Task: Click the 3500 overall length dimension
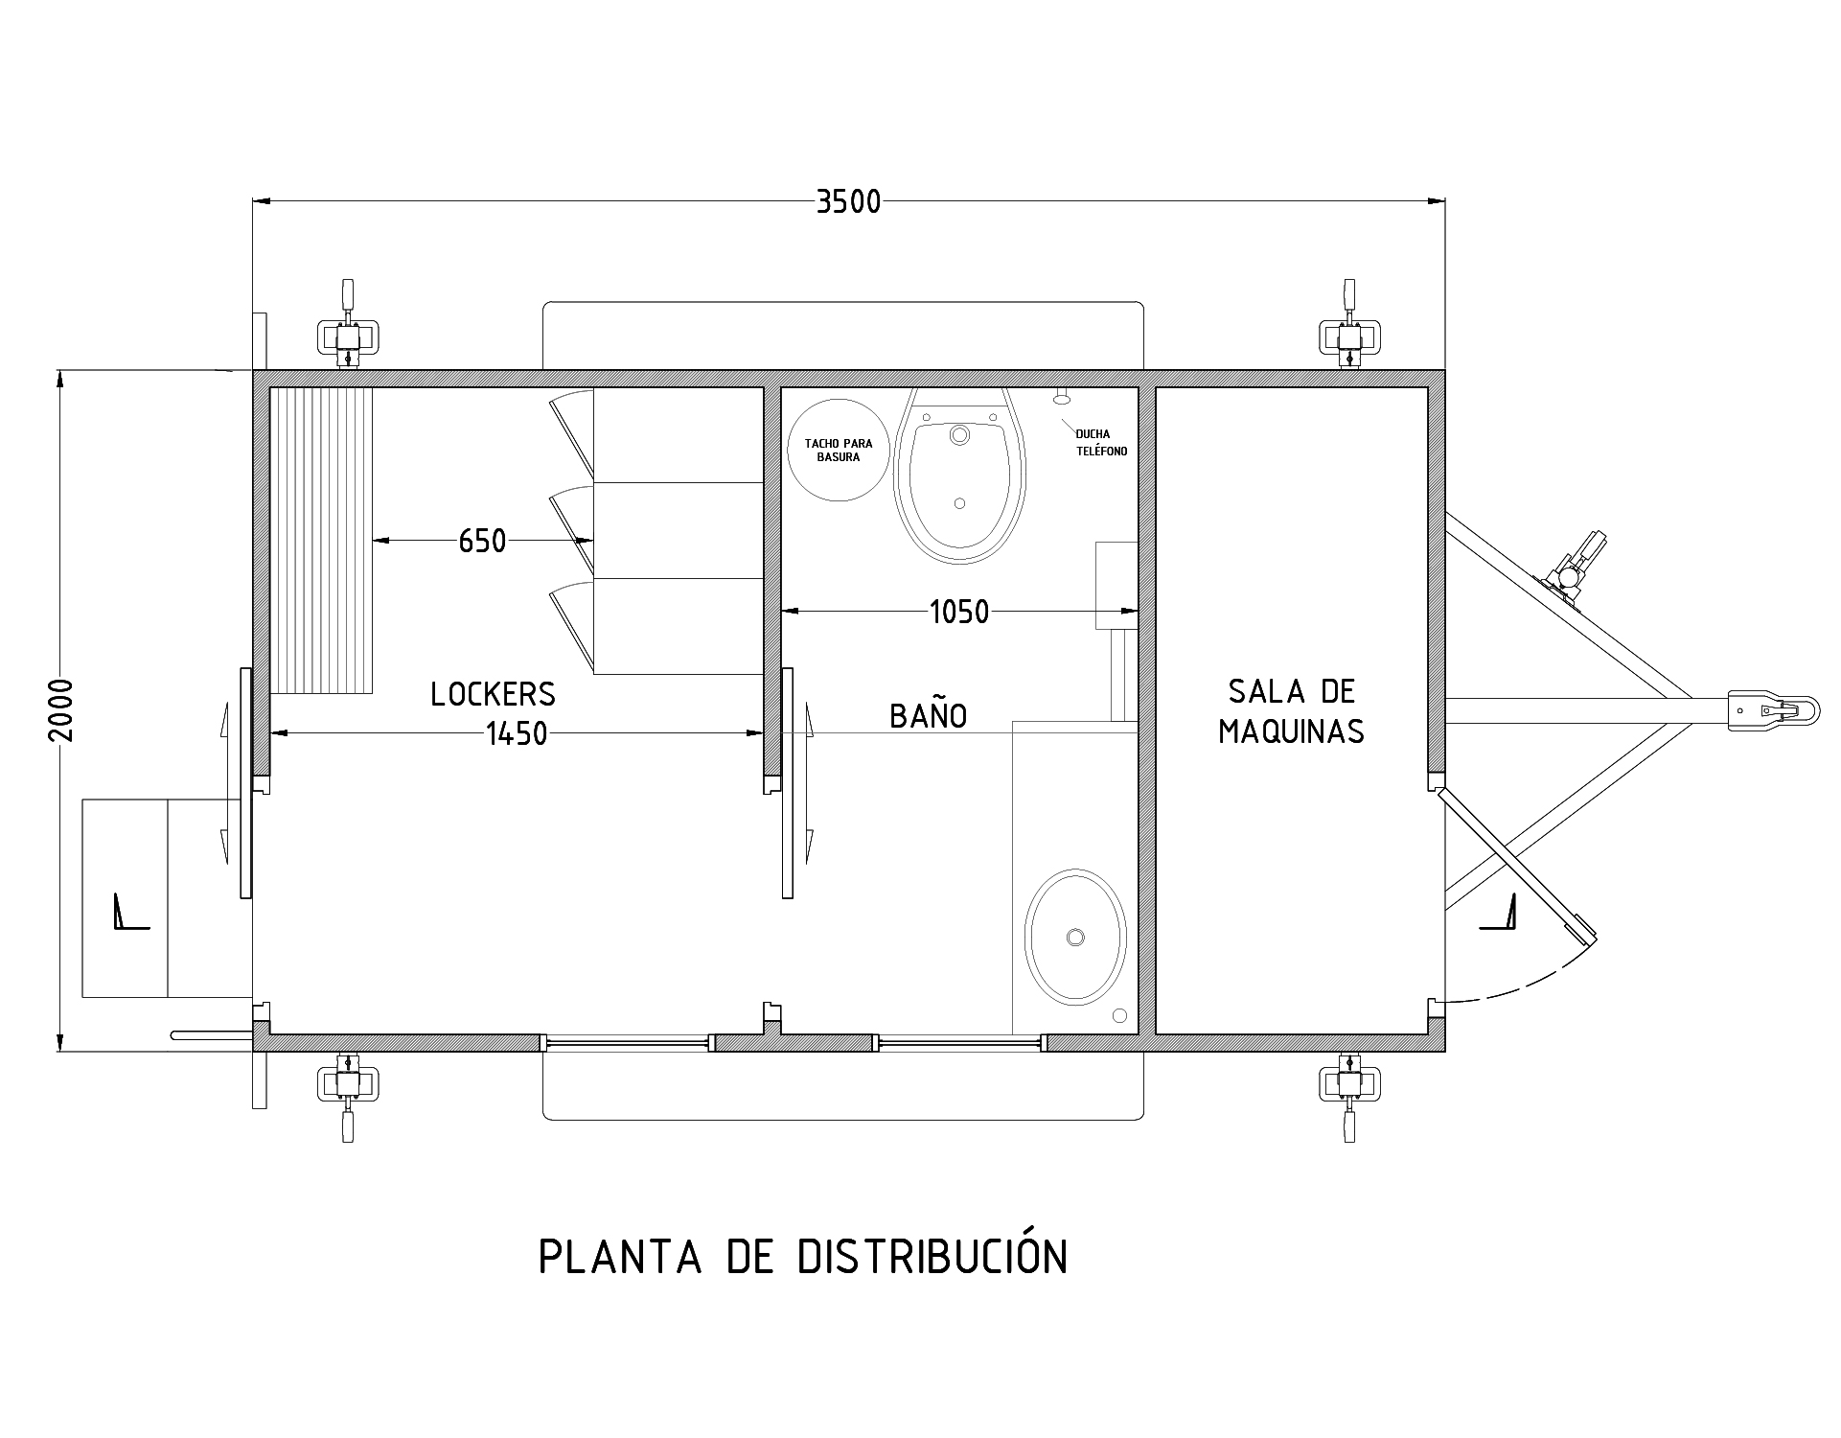click(848, 202)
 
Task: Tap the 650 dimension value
click(482, 542)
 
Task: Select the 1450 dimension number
click(517, 734)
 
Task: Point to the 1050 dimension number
click(959, 612)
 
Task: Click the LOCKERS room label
click(493, 694)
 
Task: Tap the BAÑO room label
click(928, 715)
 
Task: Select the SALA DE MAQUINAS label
click(1291, 711)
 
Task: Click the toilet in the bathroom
click(959, 475)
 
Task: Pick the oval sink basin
click(1075, 937)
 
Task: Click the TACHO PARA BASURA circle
click(839, 450)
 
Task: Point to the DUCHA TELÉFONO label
click(1101, 443)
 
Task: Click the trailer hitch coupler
click(1773, 710)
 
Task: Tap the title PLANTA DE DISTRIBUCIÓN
click(803, 1257)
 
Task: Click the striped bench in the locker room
click(321, 540)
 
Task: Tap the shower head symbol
click(1060, 396)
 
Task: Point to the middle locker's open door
click(571, 530)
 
